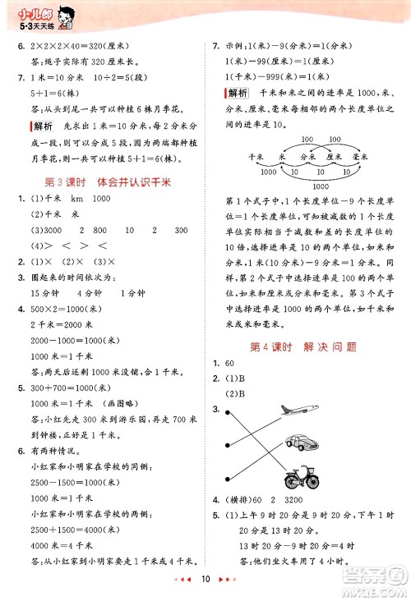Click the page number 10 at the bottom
[205, 580]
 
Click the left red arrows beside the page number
[185, 580]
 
